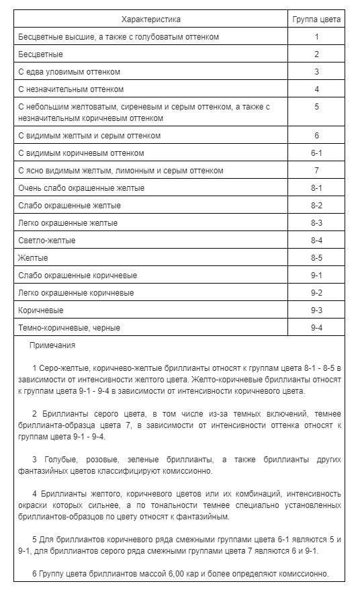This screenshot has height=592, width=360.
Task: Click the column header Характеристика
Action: [151, 19]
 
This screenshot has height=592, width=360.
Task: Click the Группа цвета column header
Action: [316, 19]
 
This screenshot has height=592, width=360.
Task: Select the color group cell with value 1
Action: [316, 37]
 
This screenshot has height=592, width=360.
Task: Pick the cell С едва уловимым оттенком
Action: [70, 72]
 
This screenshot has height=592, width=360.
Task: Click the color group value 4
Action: [316, 89]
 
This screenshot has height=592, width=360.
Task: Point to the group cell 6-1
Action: [316, 153]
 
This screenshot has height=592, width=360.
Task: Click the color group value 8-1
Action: [316, 188]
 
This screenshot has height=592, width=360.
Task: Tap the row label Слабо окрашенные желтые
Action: [70, 206]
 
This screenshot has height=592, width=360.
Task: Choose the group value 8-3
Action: [316, 223]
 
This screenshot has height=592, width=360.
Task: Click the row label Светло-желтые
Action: [47, 241]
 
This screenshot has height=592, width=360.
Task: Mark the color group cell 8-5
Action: [316, 258]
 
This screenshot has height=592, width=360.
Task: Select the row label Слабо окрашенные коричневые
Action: [78, 276]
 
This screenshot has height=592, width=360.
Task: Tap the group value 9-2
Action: [316, 293]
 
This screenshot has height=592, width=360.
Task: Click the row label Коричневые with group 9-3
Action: [41, 310]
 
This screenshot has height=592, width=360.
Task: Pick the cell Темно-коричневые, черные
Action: [70, 328]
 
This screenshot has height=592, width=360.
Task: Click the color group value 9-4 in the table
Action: [316, 328]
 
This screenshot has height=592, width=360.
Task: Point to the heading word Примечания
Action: [52, 345]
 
